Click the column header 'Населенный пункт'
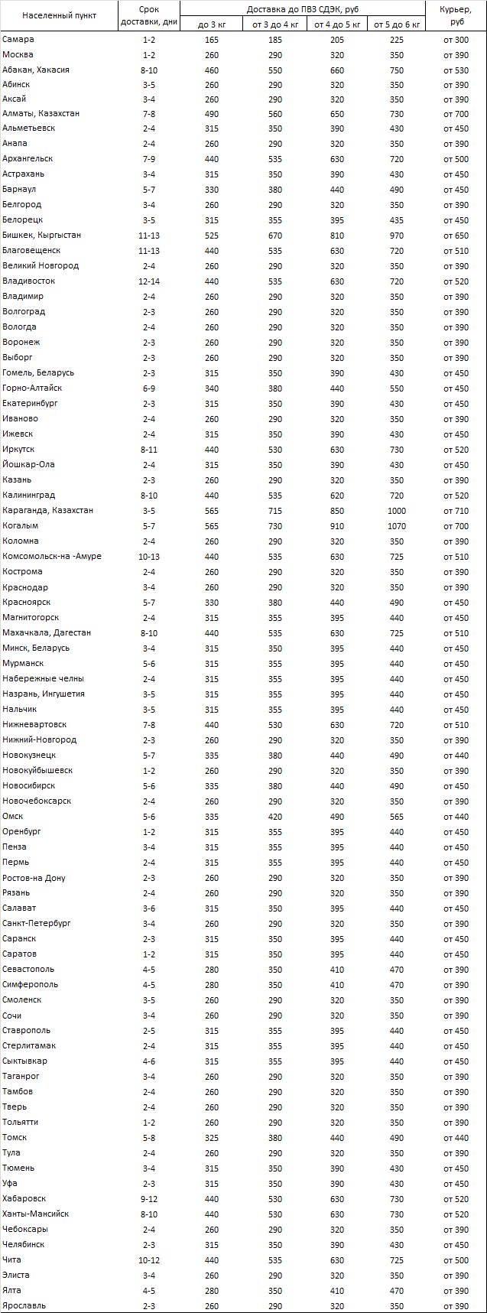point(59,15)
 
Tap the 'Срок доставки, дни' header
point(149,15)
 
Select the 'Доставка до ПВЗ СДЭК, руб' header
point(303,8)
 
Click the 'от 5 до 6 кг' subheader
point(397,24)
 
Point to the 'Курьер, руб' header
point(456,15)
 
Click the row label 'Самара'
point(18,39)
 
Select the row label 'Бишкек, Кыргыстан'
point(41,235)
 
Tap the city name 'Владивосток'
point(28,281)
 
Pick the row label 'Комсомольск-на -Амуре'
point(51,556)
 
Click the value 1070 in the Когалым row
point(397,526)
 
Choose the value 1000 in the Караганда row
point(397,511)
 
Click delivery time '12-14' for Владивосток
point(149,281)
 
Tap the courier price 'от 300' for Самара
point(456,39)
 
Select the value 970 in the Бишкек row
point(397,235)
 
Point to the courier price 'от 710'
point(456,511)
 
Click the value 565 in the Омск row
point(397,817)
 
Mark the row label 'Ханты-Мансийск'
point(35,1214)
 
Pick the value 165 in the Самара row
point(212,39)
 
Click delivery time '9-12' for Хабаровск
point(149,1198)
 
